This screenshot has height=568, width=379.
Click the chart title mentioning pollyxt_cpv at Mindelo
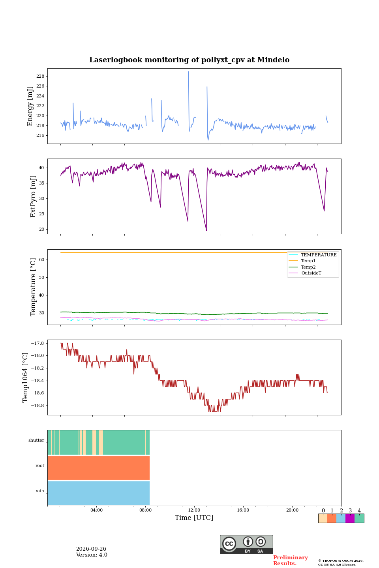[x=189, y=60]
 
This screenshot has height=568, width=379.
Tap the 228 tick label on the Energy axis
[x=40, y=77]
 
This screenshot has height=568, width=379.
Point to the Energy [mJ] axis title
[x=30, y=106]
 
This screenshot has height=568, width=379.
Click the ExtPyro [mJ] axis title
[x=33, y=196]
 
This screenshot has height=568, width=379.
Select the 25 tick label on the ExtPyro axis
[x=41, y=214]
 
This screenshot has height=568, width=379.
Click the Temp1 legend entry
[x=308, y=261]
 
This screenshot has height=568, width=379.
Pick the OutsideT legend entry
[x=311, y=273]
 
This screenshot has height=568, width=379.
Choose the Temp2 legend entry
[x=308, y=267]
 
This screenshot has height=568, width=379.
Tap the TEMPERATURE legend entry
[x=319, y=255]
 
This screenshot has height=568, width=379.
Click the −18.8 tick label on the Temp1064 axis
[x=38, y=405]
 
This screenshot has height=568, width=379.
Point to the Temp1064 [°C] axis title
[x=25, y=377]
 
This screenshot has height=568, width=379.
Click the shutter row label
[x=36, y=440]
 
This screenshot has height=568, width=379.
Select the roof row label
[x=40, y=465]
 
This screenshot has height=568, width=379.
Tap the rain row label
[x=40, y=491]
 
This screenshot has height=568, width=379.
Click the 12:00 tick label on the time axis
[x=194, y=510]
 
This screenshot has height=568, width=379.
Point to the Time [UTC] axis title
[x=194, y=518]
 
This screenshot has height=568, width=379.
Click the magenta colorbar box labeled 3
[x=350, y=518]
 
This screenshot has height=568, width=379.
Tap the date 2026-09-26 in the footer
[x=91, y=549]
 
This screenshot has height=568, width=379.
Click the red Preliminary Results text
[x=291, y=561]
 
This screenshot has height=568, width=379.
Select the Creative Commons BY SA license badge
[x=246, y=544]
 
